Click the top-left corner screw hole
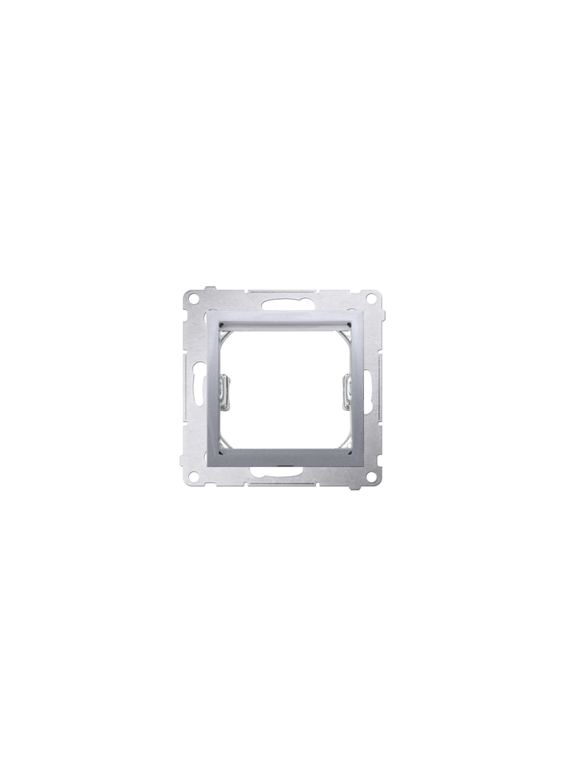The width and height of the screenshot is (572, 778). click(193, 299)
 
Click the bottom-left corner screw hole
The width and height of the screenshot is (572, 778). click(193, 476)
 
